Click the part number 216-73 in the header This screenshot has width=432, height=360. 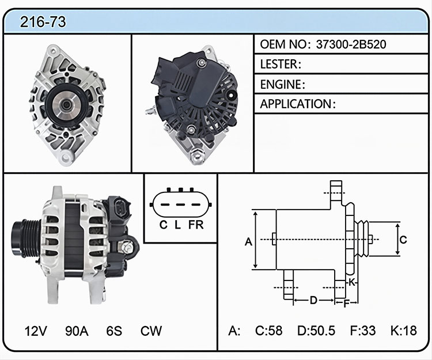[43, 22]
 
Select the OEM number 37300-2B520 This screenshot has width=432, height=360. [351, 44]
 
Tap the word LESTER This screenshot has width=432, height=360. [279, 64]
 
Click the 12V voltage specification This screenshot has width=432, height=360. [36, 331]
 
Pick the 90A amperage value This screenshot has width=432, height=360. [77, 331]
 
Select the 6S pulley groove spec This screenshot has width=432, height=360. [114, 331]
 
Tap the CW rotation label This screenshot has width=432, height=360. [151, 331]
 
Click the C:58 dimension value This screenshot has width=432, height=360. [268, 331]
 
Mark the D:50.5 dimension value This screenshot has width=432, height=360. [316, 331]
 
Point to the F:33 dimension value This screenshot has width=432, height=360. [362, 331]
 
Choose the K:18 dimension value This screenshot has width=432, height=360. [404, 331]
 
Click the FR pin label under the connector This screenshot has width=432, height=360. [196, 225]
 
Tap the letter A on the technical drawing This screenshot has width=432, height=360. [248, 242]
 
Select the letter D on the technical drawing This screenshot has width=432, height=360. [313, 300]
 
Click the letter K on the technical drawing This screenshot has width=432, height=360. [352, 282]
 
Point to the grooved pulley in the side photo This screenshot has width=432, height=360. [26, 238]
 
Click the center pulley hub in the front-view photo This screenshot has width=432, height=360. [66, 105]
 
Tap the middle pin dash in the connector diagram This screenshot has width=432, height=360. [180, 204]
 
